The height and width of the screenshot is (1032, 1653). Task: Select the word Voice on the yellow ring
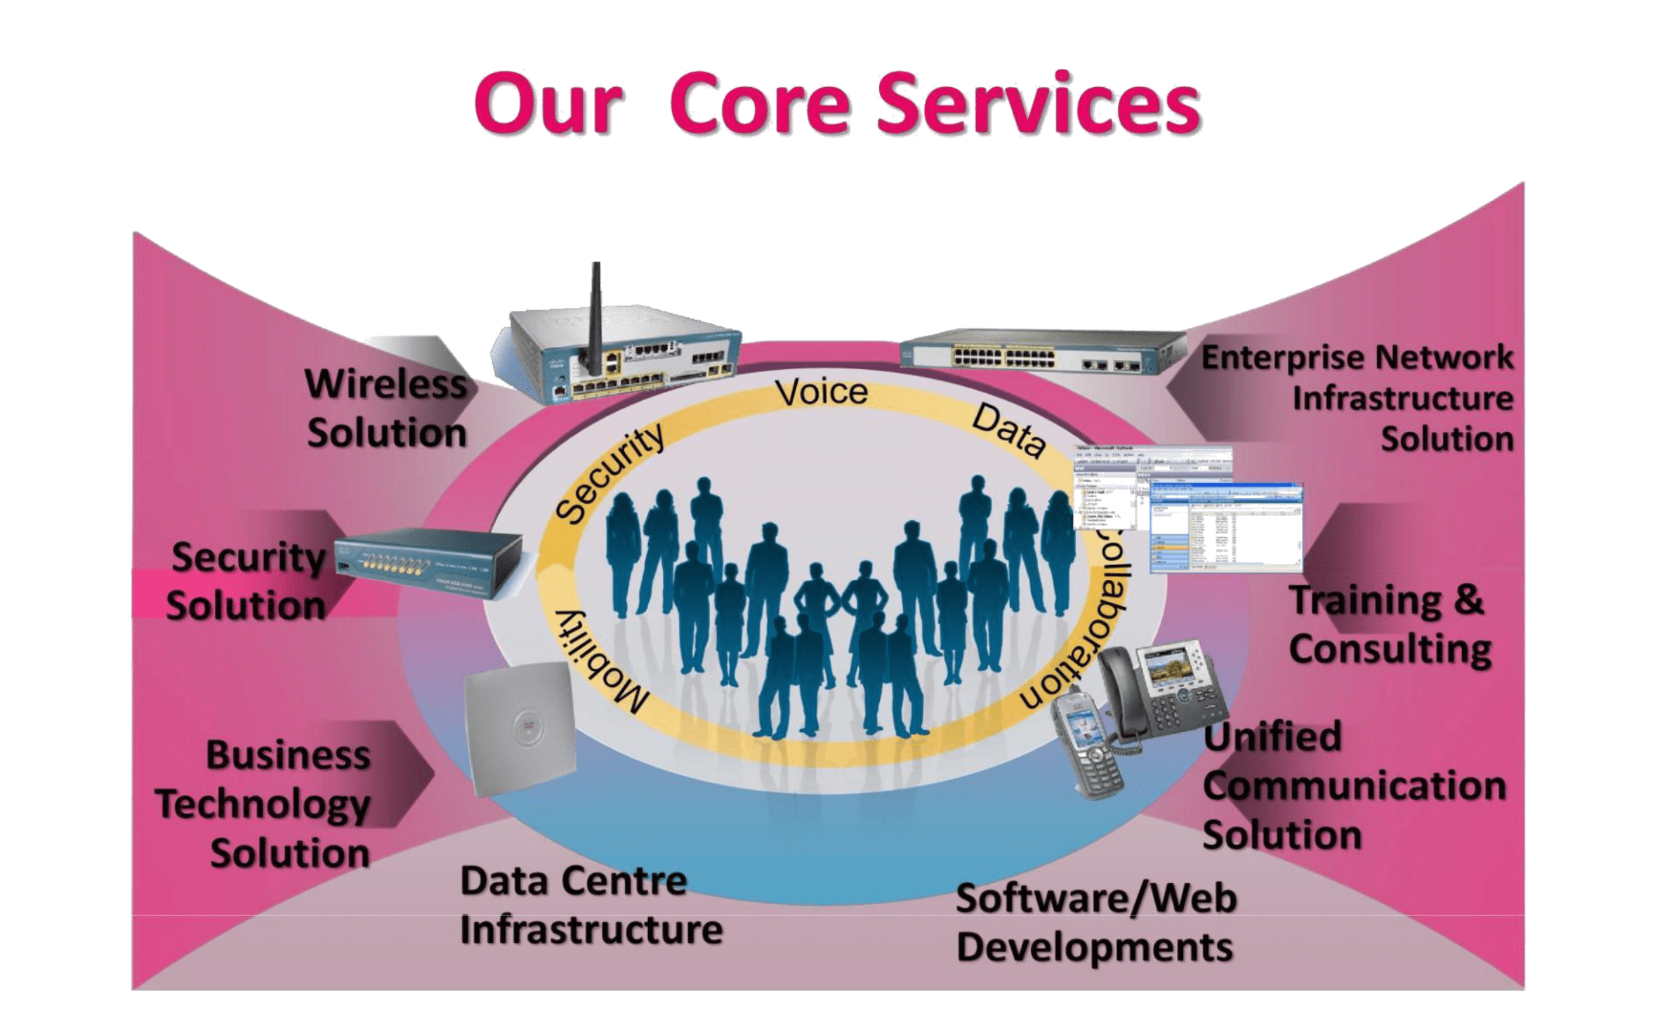pyautogui.click(x=822, y=392)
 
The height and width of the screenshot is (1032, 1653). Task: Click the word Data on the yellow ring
pyautogui.click(x=1008, y=430)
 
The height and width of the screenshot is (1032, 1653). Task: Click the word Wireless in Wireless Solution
pyautogui.click(x=386, y=385)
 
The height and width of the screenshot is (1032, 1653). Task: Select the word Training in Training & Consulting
pyautogui.click(x=1366, y=602)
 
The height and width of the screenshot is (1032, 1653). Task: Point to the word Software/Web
pyautogui.click(x=1095, y=899)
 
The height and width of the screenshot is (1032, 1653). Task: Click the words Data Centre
pyautogui.click(x=573, y=882)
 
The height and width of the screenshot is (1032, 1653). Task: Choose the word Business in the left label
pyautogui.click(x=288, y=756)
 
